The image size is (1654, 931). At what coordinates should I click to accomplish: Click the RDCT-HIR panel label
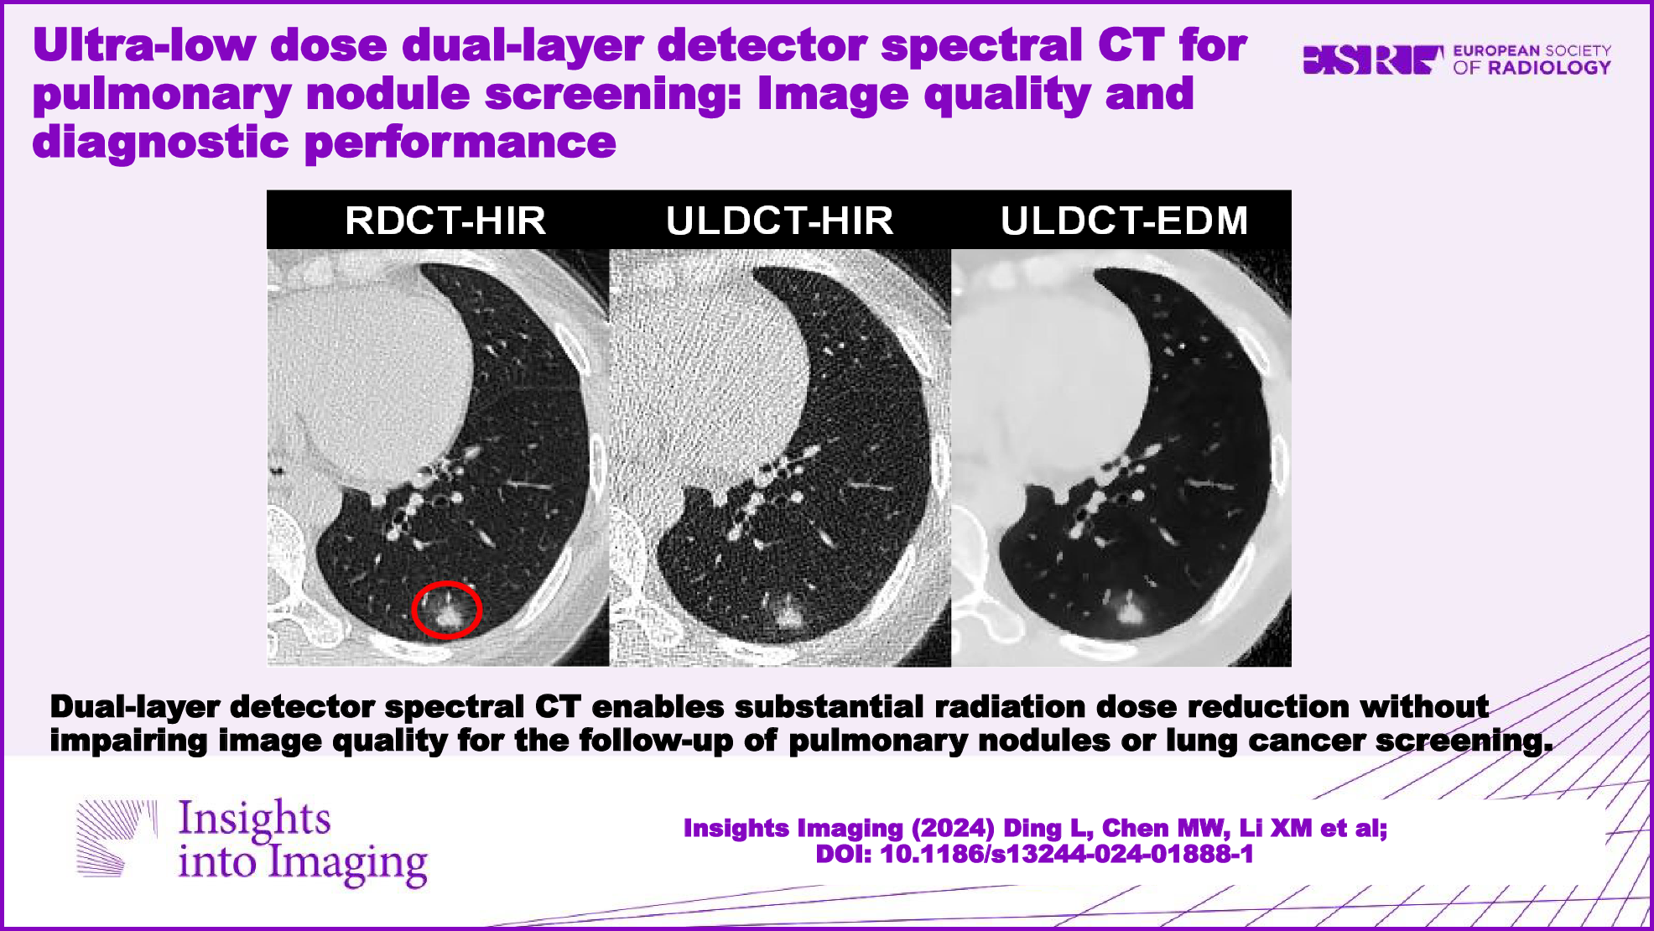click(x=445, y=221)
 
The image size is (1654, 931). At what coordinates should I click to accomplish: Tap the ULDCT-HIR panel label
click(x=780, y=221)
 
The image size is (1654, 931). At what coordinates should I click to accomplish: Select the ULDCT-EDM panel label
click(x=1125, y=221)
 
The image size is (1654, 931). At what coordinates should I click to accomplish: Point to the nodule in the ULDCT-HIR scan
click(x=787, y=611)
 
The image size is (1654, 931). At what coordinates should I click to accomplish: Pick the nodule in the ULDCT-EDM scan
click(x=1129, y=610)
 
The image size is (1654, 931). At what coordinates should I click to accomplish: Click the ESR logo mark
click(x=1373, y=60)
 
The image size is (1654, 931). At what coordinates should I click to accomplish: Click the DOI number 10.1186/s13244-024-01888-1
click(x=1067, y=854)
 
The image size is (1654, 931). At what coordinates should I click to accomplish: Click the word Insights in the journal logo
click(x=255, y=819)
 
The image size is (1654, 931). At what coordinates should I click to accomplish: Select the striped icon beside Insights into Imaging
click(x=116, y=839)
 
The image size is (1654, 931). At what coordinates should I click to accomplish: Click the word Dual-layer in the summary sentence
click(x=134, y=707)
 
